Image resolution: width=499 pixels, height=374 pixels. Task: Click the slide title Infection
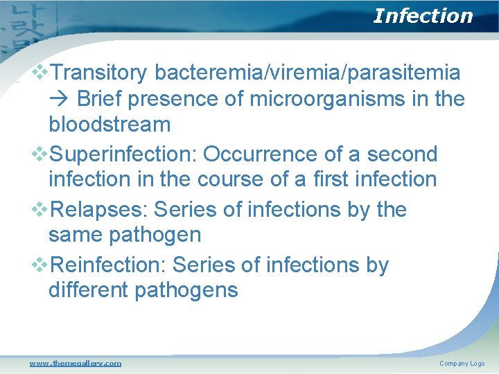click(423, 16)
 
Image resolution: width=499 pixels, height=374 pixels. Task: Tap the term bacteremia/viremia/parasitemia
click(308, 72)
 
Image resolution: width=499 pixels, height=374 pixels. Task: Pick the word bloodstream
click(110, 125)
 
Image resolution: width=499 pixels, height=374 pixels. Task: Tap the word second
click(403, 154)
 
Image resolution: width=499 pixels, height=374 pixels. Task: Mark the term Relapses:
click(100, 209)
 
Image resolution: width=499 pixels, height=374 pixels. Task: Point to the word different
click(89, 290)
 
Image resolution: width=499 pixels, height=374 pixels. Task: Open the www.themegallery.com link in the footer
click(75, 363)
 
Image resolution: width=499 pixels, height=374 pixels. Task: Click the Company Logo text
click(462, 364)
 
